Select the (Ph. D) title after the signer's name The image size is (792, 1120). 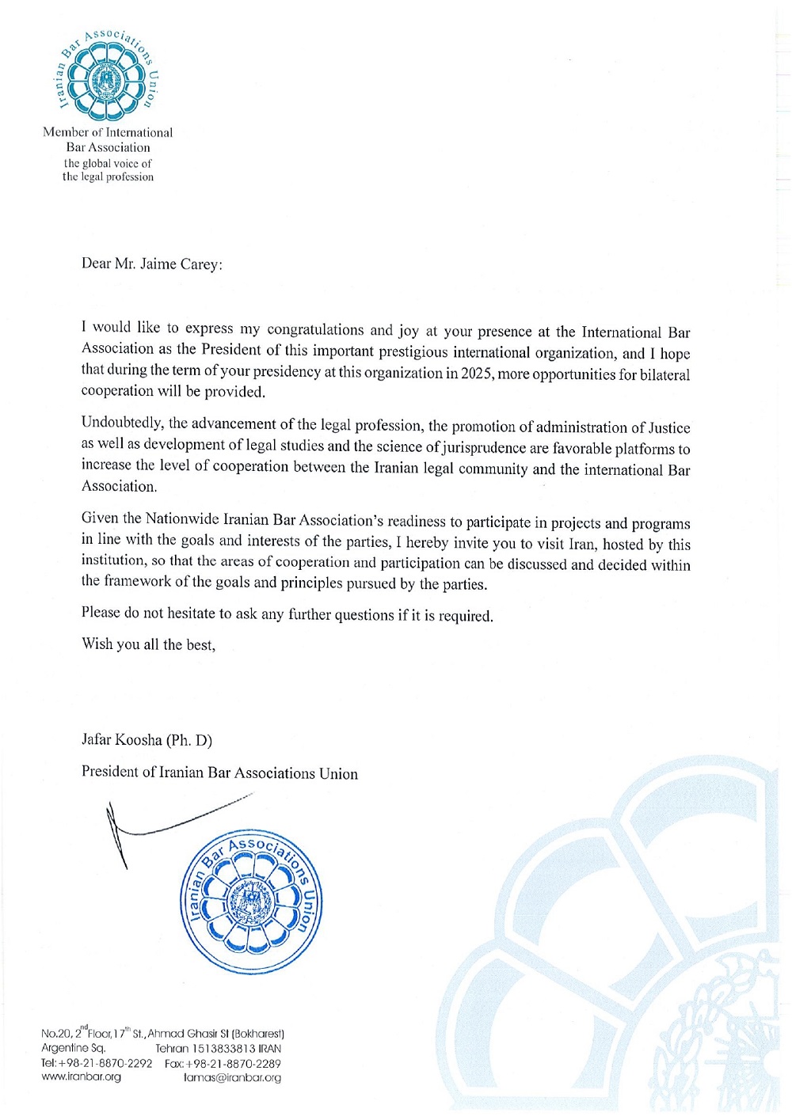[189, 741]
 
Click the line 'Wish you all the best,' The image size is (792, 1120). [148, 644]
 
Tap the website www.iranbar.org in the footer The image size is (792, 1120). [81, 1077]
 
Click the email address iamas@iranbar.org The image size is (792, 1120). [232, 1078]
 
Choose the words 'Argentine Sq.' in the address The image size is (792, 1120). [73, 1049]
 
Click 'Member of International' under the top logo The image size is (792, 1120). [108, 132]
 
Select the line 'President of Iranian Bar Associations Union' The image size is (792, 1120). [219, 773]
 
